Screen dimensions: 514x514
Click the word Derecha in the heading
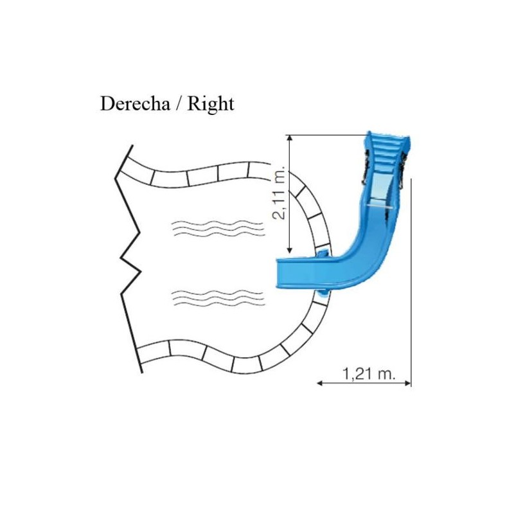(133, 104)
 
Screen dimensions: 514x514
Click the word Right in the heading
(211, 105)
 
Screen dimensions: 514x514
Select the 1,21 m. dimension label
(368, 374)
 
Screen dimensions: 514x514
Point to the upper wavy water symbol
(218, 228)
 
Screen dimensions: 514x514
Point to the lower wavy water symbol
(218, 297)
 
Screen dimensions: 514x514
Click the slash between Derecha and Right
(176, 105)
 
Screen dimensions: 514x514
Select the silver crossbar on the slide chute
(380, 206)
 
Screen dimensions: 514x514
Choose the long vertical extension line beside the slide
(411, 283)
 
